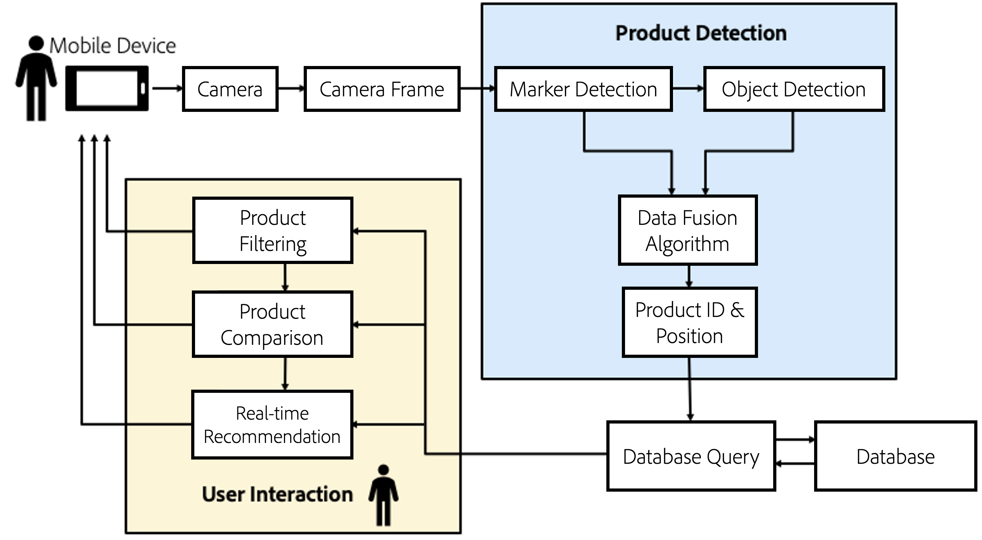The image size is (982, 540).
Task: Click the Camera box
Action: click(x=230, y=89)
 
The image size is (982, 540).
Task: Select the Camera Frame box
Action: click(x=382, y=89)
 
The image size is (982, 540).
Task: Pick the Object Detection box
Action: click(x=793, y=89)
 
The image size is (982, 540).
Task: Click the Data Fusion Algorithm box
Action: click(x=687, y=230)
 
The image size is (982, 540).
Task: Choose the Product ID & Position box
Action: click(x=689, y=323)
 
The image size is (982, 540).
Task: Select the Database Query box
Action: click(x=691, y=456)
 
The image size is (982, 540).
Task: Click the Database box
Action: click(x=895, y=456)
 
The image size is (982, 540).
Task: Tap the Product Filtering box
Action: click(x=273, y=230)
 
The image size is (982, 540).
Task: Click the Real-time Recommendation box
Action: click(x=272, y=425)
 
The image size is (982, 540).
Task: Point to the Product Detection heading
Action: click(x=701, y=33)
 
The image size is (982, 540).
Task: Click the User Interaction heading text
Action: click(x=277, y=494)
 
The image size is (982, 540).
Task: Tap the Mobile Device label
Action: click(x=113, y=46)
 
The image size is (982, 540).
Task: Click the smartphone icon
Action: click(x=107, y=89)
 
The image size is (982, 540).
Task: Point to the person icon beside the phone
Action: click(x=36, y=78)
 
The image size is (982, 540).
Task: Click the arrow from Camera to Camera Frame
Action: click(x=291, y=89)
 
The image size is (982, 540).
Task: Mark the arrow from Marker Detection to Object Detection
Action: click(x=688, y=89)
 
